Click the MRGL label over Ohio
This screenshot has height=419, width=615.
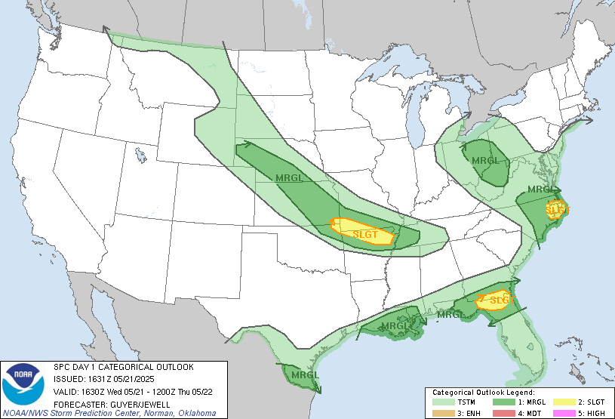484,161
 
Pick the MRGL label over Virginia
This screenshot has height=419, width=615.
541,189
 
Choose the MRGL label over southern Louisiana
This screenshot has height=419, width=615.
395,326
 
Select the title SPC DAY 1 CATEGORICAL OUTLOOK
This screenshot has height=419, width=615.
123,367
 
